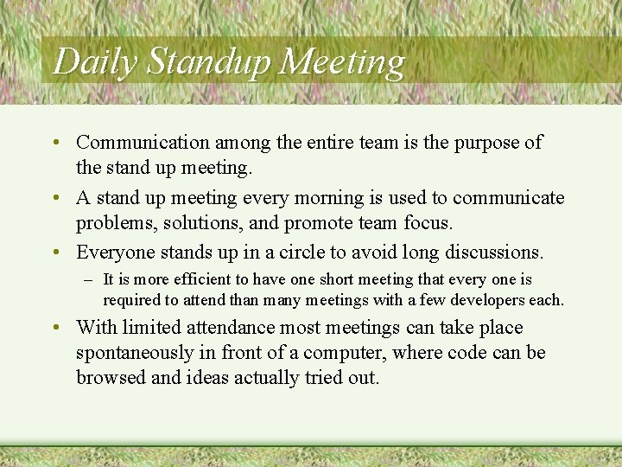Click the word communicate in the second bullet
tap(509, 198)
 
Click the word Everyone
tap(115, 253)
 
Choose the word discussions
tap(493, 253)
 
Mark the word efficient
tap(205, 280)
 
